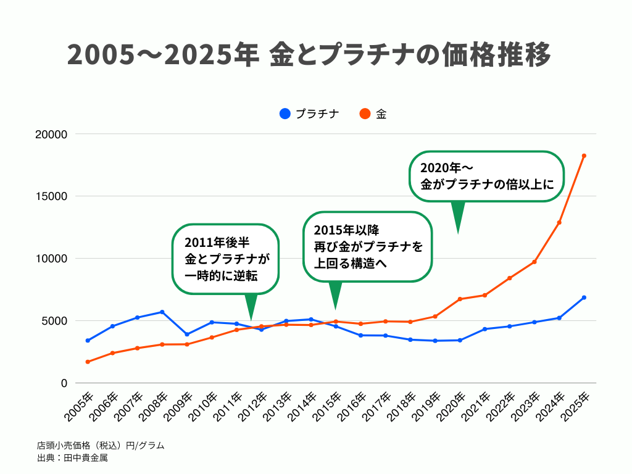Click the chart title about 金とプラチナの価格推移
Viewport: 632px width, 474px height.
point(309,56)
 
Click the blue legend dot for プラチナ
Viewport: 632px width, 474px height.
point(285,114)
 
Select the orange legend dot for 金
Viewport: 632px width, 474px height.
point(364,114)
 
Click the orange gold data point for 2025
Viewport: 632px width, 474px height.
point(584,156)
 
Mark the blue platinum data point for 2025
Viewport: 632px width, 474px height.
point(584,297)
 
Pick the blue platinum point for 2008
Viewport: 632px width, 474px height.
point(162,312)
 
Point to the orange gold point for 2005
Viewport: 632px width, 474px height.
point(88,362)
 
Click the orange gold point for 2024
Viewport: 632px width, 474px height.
point(559,222)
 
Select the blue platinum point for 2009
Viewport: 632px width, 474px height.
point(187,335)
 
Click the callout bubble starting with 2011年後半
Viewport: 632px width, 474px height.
point(225,259)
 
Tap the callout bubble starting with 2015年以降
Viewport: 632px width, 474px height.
point(368,247)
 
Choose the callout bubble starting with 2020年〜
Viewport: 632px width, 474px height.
point(488,176)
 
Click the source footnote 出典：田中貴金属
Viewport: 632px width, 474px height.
point(72,459)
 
